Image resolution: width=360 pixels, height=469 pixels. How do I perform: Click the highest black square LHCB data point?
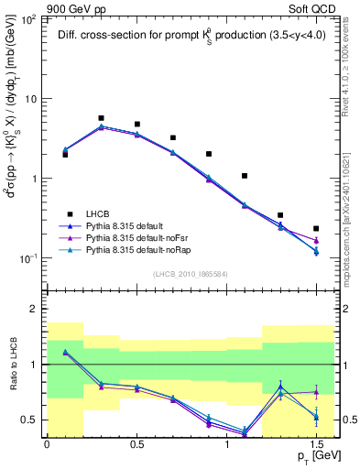(x=101, y=118)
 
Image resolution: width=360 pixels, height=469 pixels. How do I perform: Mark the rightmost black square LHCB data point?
(x=316, y=228)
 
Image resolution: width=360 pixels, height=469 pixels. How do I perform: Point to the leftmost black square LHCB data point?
(x=65, y=155)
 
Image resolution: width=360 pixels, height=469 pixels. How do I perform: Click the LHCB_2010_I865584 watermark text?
(x=190, y=274)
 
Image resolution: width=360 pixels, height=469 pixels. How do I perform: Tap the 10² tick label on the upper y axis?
(x=30, y=18)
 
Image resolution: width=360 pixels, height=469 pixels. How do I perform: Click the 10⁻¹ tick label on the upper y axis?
(x=29, y=258)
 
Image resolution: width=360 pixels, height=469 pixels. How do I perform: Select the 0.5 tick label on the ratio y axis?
(x=31, y=420)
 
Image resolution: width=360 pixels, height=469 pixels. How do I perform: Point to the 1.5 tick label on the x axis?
(x=316, y=444)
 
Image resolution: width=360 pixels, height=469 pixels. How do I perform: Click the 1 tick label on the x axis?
(x=226, y=444)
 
